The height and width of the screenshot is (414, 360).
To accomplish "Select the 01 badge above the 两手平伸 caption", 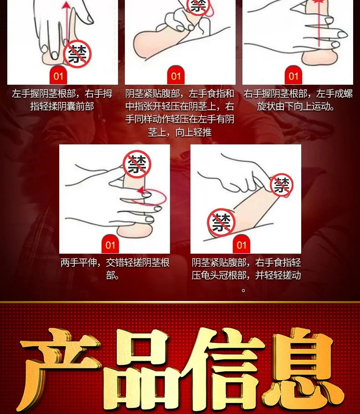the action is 110,245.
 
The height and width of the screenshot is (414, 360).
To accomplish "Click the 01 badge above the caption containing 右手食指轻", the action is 242,245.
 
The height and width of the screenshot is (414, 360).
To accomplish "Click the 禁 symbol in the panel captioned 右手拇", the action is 77,54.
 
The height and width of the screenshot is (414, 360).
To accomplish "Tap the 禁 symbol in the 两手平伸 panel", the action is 137,164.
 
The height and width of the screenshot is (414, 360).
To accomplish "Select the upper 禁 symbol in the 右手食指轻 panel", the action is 282,185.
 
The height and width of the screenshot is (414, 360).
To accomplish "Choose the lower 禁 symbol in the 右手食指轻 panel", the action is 221,222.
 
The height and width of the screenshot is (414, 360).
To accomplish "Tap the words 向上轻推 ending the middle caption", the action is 193,132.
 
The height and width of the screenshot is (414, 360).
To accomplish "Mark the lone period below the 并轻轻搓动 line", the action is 243,291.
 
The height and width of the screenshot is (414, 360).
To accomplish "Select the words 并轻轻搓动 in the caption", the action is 278,276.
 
